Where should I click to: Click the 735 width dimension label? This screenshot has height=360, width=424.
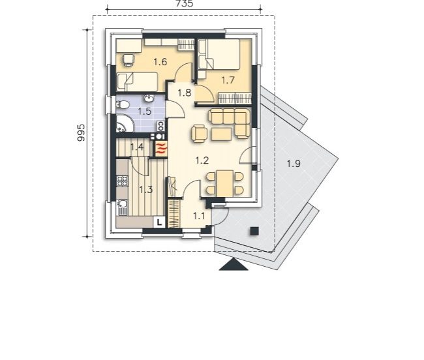[x=185, y=3]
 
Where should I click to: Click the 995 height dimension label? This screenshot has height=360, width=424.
[x=81, y=132]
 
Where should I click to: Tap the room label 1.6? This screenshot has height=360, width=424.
[x=160, y=62]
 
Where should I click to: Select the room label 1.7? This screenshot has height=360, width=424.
[x=228, y=80]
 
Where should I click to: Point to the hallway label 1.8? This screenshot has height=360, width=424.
[x=185, y=93]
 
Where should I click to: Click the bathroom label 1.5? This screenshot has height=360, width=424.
[x=145, y=111]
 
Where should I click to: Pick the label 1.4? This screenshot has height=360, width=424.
[x=137, y=147]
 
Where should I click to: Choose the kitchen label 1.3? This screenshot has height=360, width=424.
[x=146, y=190]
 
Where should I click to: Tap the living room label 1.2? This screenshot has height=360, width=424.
[x=202, y=160]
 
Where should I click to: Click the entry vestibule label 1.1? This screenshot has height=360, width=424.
[x=199, y=216]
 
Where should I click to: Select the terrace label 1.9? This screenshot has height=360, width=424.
[x=294, y=164]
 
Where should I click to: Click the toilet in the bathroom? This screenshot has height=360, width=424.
[x=123, y=105]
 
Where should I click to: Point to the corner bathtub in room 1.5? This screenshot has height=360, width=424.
[x=124, y=124]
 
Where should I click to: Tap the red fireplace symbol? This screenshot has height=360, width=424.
[x=160, y=149]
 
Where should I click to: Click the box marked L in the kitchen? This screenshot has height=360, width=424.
[x=159, y=222]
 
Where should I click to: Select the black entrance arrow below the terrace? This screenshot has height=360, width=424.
[x=234, y=264]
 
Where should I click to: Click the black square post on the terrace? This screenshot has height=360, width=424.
[x=254, y=232]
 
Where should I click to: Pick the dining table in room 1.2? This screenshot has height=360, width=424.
[x=224, y=184]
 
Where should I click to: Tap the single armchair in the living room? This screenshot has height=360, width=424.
[x=200, y=134]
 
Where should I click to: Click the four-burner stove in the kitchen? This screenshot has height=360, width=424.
[x=122, y=181]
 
